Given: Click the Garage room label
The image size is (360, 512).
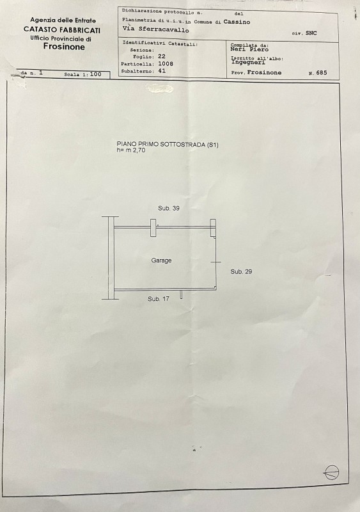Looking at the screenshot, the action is tap(161, 260).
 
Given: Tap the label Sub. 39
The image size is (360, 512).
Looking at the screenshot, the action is tap(169, 209).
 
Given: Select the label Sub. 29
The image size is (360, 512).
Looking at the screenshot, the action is tap(241, 271).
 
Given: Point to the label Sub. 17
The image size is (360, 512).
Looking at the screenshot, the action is tap(159, 299).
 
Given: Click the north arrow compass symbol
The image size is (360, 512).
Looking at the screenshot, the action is tap(332, 472).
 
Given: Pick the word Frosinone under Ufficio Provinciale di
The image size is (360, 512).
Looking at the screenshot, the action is tap(64, 47).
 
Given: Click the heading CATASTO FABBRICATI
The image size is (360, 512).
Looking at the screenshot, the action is tap(62, 30).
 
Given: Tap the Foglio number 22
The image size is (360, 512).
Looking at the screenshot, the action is tap(162, 56).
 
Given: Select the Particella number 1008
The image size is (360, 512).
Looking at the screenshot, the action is tap(166, 63).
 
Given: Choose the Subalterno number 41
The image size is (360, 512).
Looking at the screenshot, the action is tap(162, 70).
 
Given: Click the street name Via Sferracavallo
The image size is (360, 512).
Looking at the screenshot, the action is tap(155, 29).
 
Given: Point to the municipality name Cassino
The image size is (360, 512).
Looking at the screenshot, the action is tap(237, 22).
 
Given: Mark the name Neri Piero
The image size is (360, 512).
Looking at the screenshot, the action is tap(249, 49).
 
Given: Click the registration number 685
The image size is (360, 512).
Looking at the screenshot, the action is tap(322, 73).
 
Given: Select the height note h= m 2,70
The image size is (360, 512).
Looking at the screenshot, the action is tap(131, 150).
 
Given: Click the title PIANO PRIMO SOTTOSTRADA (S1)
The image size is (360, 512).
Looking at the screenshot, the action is tap(168, 145).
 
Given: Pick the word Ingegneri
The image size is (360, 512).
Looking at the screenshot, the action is tap(248, 62).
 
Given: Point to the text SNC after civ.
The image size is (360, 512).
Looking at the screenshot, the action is tap(311, 33).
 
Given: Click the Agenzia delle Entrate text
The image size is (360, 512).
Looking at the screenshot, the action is tap(63, 20).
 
